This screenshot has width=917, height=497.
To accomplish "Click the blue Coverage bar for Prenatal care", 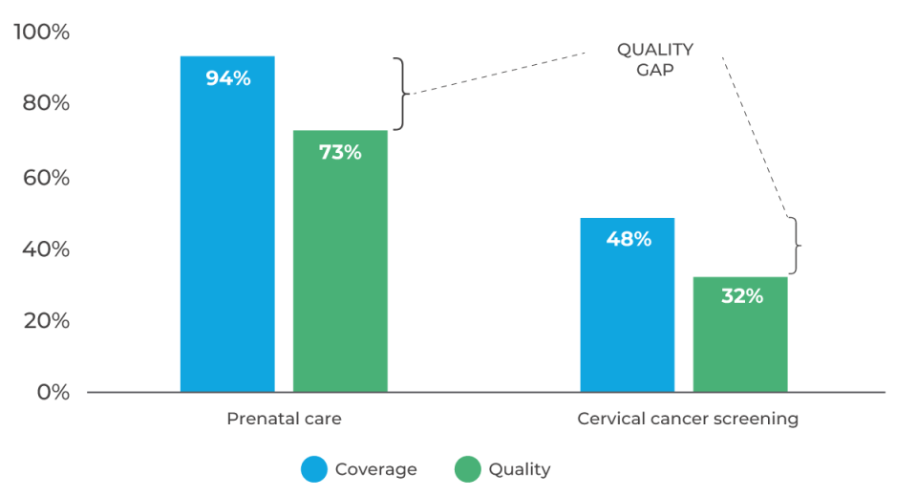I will click(x=227, y=239).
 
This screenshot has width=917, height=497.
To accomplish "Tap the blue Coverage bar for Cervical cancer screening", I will click(x=628, y=315).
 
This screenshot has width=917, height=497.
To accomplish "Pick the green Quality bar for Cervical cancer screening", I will click(x=740, y=344).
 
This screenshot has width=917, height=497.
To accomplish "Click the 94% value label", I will click(x=227, y=78).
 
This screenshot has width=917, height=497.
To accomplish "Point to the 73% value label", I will click(x=340, y=152).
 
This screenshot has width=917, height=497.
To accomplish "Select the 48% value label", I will click(x=628, y=239).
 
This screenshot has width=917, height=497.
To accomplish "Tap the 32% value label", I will click(x=741, y=296).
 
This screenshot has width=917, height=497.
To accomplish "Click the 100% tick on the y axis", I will click(x=41, y=32).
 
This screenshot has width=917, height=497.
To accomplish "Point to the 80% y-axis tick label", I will click(x=46, y=103).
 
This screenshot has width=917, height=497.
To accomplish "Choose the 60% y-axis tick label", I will click(x=46, y=178).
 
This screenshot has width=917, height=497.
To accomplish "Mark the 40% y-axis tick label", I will click(x=46, y=249).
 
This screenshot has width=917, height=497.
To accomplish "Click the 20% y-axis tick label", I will click(x=46, y=321).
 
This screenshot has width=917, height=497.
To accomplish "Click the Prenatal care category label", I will click(x=284, y=419).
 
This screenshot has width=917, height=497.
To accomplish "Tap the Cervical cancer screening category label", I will click(x=688, y=419).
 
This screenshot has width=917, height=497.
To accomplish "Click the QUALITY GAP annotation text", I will click(x=655, y=58).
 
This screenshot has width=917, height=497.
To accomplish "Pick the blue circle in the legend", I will click(x=314, y=469).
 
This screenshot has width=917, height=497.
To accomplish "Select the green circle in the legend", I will click(x=468, y=469).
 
